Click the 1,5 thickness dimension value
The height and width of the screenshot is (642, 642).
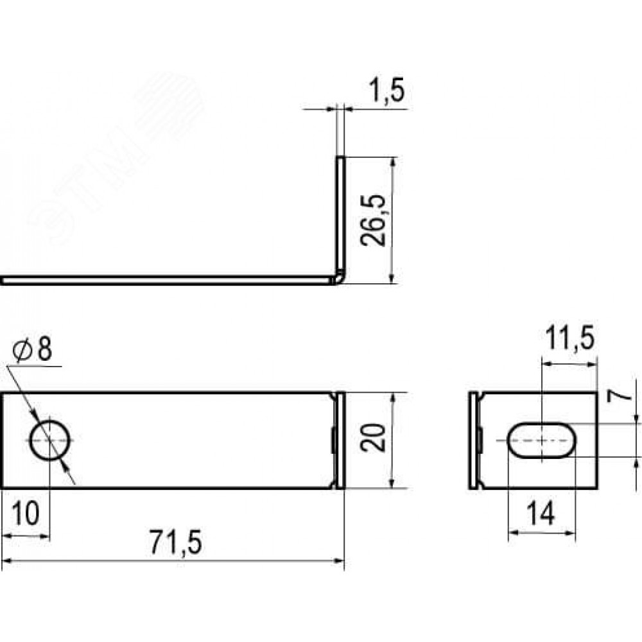tap(387, 91)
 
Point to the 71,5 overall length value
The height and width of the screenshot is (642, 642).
tap(175, 542)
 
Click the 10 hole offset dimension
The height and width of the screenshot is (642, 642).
tap(26, 514)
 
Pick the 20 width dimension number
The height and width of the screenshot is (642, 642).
tap(374, 438)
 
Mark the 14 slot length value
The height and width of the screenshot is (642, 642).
tap(541, 514)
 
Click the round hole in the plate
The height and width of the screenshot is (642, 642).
tap(50, 440)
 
